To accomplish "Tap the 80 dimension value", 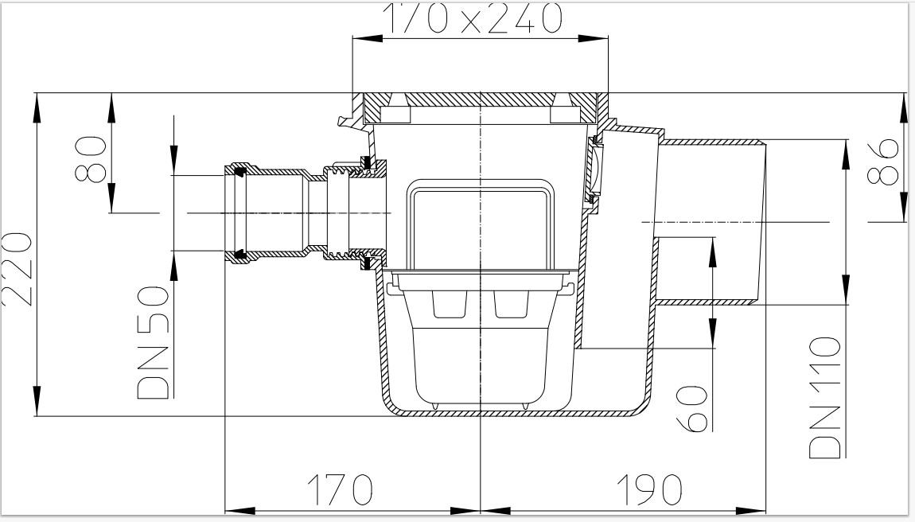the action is [x=91, y=158].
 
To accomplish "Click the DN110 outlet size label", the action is [x=825, y=398].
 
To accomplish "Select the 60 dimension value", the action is [x=693, y=408].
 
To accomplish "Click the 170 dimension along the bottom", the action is [x=341, y=489].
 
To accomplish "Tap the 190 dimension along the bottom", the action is [x=649, y=489].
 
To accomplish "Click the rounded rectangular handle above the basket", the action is [x=480, y=225].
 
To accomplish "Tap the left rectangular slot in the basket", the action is [x=450, y=304].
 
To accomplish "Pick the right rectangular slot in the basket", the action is [x=512, y=304].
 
